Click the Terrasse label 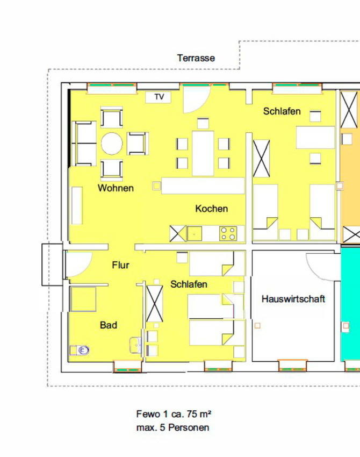(x=196, y=58)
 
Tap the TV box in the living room (x=158, y=97)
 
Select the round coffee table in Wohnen (x=112, y=144)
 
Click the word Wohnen (x=116, y=188)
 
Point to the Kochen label (x=212, y=209)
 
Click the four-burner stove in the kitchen (x=228, y=233)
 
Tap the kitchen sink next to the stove (x=195, y=233)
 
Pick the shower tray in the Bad (x=83, y=299)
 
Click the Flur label (x=120, y=265)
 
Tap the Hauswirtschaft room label (x=293, y=299)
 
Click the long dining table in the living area (x=203, y=154)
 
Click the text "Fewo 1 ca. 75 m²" (x=174, y=414)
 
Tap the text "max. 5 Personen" (x=172, y=427)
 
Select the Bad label (x=109, y=325)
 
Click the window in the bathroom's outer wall (x=127, y=367)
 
